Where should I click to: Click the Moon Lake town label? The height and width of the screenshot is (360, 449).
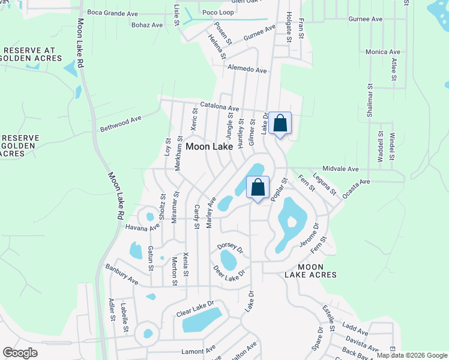[x=209, y=146]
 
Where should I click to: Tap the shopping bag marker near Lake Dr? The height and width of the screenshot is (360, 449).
[x=280, y=124]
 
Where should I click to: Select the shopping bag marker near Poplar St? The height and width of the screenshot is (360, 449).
[x=258, y=188]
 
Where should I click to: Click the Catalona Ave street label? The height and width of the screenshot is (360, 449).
[x=220, y=107]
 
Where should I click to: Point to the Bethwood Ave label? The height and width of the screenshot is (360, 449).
[x=120, y=124]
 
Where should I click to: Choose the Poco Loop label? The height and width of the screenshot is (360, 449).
[x=218, y=11]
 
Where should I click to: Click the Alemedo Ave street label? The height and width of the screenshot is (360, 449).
[x=247, y=70]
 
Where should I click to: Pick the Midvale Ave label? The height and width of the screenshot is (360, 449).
[x=340, y=169]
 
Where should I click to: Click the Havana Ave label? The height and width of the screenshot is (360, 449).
[x=142, y=227]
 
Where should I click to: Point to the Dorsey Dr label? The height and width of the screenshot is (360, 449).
[x=230, y=247]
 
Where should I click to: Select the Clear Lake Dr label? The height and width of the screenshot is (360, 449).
[x=195, y=309]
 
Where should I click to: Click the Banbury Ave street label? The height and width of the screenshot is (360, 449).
[x=122, y=274]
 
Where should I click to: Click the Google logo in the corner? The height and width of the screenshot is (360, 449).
[x=20, y=353]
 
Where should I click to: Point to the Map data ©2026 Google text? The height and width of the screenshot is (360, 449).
[x=412, y=355]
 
